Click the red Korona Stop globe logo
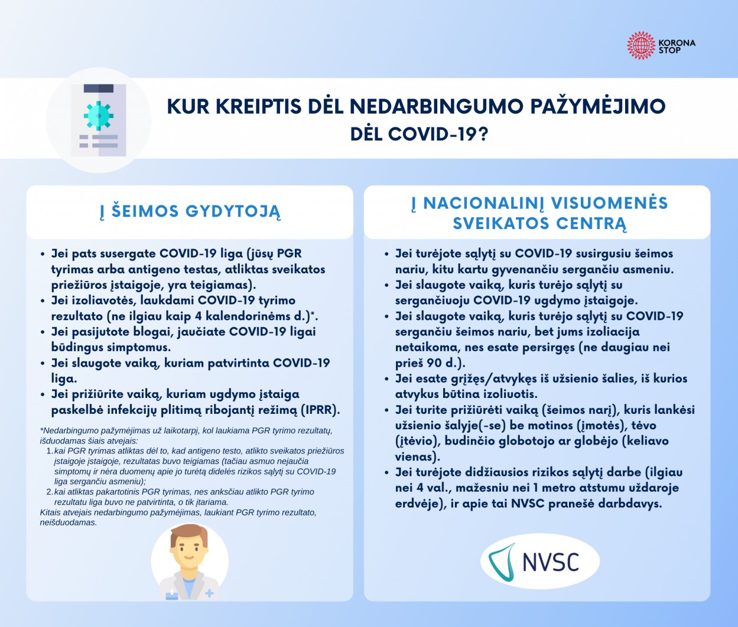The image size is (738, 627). coord(641,45)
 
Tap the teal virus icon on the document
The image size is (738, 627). coord(98,116)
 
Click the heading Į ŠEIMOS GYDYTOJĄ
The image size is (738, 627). coord(190,211)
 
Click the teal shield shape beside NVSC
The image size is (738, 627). coord(503,562)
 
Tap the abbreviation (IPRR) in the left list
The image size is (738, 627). coord(320,410)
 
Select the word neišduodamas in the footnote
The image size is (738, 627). coord(68,522)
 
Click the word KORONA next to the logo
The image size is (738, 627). coord(677,43)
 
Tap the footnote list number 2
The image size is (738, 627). coord(50,492)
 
